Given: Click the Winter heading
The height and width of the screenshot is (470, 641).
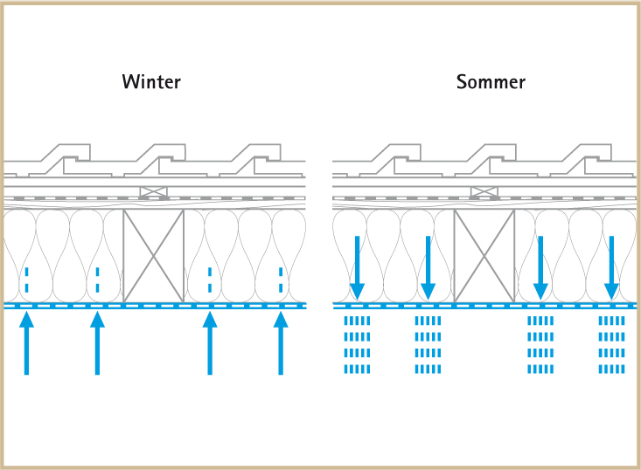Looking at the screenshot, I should tap(151, 82).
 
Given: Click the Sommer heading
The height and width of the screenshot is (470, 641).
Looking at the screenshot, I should tap(491, 82).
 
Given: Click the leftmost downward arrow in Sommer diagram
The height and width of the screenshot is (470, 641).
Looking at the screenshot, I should tap(357, 266).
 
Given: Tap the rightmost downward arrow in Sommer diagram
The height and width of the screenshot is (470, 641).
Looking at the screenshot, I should tap(611, 266).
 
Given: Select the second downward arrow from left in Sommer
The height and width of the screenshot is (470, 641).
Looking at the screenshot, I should tap(428, 266).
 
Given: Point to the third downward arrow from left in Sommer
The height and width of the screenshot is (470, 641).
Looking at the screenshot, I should tap(540, 266).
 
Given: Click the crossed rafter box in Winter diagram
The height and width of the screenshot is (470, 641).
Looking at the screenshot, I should tap(153, 255).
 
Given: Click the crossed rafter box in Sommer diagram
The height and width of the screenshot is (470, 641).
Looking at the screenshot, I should tap(484, 255).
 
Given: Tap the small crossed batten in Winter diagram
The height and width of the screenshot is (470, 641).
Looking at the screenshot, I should tap(153, 191).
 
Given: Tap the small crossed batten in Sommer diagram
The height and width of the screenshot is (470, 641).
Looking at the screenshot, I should tap(484, 191).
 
